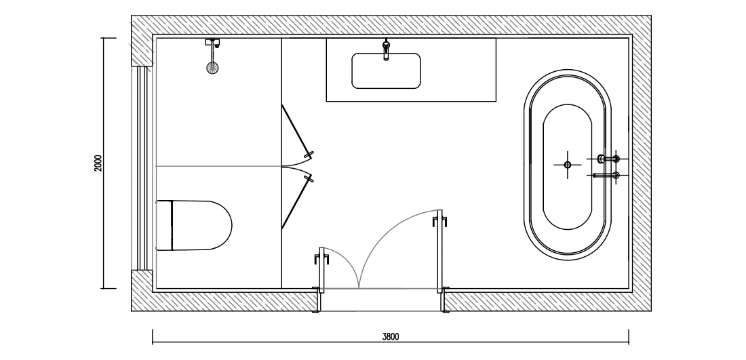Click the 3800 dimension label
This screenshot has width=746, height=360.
(x=391, y=337)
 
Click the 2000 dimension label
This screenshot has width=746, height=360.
(x=98, y=163)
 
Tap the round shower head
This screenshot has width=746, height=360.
(x=213, y=68)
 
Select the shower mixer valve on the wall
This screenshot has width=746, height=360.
(x=213, y=43)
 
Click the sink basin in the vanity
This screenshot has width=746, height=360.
(x=386, y=71)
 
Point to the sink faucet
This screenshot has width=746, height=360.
(x=386, y=50)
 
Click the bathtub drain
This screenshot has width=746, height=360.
(x=567, y=165)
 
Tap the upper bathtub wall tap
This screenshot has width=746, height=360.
(x=609, y=159)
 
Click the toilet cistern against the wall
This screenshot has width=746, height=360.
(x=164, y=225)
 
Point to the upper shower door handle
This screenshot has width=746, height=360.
(x=309, y=155)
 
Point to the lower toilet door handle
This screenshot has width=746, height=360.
(x=309, y=178)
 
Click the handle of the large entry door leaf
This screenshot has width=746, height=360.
(x=440, y=221)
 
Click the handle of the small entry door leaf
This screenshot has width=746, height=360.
(x=321, y=259)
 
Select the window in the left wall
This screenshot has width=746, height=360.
(x=142, y=168)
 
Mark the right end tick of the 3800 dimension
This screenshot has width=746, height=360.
(x=629, y=336)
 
